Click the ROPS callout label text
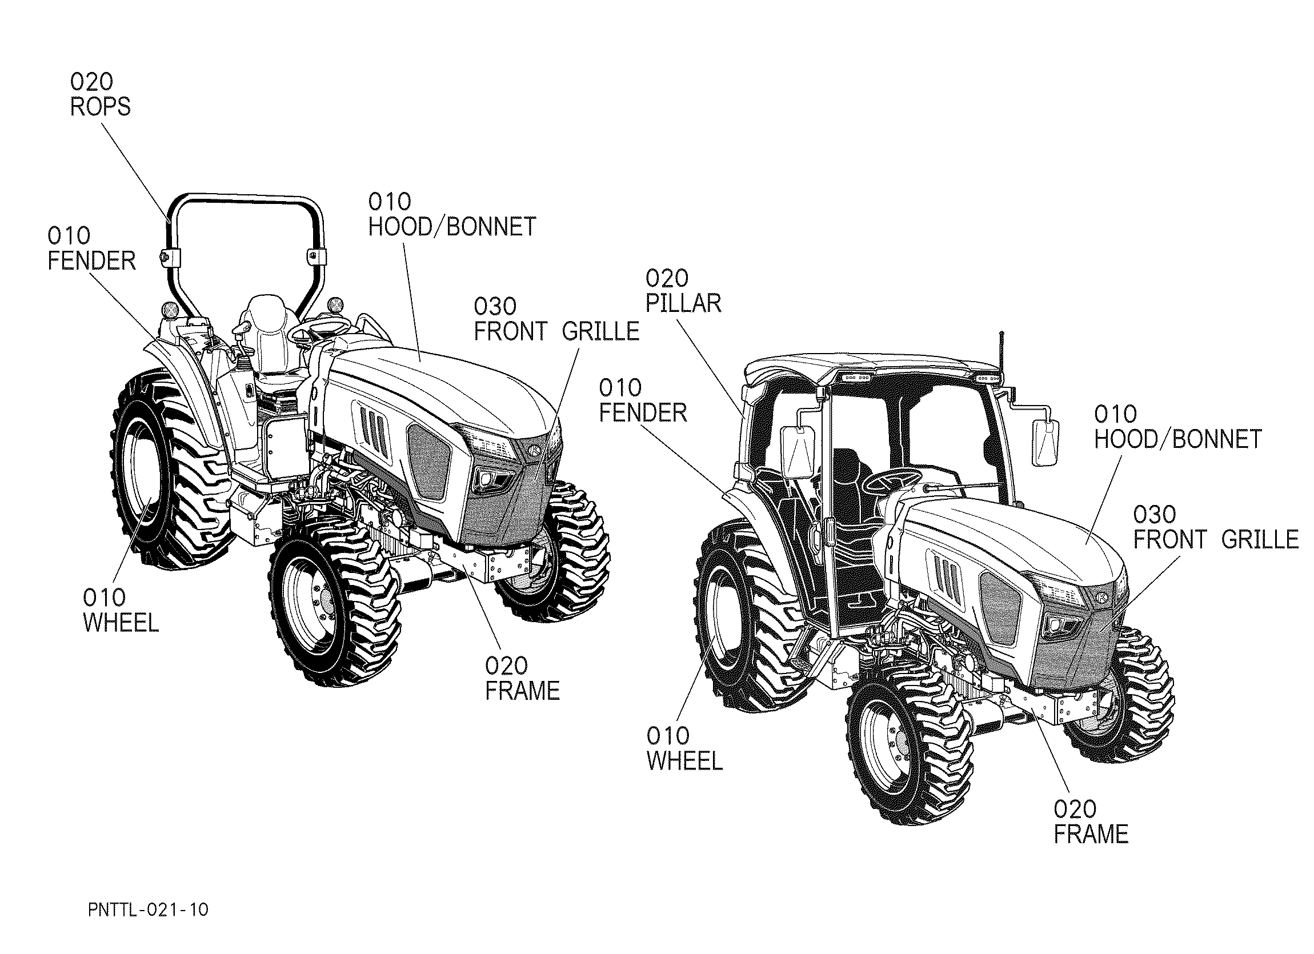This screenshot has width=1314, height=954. [x=100, y=94]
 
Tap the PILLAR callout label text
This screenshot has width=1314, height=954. [x=683, y=291]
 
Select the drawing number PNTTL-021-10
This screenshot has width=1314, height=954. [x=149, y=910]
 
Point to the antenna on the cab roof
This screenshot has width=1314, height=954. [x=1002, y=350]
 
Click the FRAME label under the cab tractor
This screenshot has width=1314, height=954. [x=1091, y=822]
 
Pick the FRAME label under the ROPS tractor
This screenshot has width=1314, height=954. [x=522, y=678]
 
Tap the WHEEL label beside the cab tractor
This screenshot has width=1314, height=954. [x=684, y=749]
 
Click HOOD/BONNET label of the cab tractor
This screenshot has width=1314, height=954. [x=1177, y=427]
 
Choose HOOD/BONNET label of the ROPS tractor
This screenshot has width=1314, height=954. [x=452, y=214]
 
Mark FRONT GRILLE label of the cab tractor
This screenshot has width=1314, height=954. [x=1216, y=527]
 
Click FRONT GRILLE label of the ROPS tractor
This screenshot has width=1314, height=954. [x=556, y=319]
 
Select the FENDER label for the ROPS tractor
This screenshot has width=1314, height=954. [x=91, y=248]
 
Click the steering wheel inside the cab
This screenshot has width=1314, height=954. [x=892, y=479]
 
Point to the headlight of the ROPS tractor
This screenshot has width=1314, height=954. [x=492, y=479]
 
